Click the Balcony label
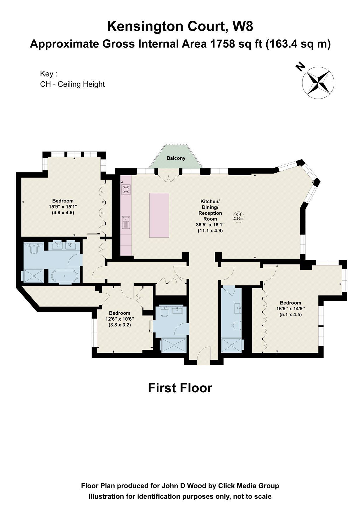tap(176, 158)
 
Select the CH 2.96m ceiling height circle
tap(238, 216)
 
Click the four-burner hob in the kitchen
tap(126, 190)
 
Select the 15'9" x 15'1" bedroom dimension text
tap(63, 207)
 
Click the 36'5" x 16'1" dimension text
tap(210, 225)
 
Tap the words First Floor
tap(180, 388)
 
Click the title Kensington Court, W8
tap(180, 27)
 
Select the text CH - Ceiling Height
tap(72, 84)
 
